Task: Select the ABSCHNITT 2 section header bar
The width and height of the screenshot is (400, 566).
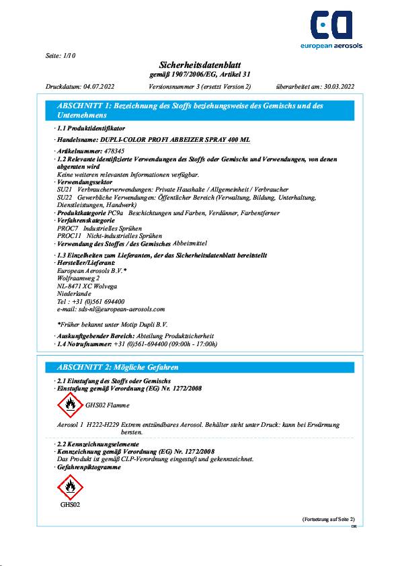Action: pyautogui.click(x=200, y=367)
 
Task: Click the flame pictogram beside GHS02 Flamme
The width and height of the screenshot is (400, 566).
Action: pyautogui.click(x=69, y=405)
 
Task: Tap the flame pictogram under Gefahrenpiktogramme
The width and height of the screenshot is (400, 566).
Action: pyautogui.click(x=70, y=486)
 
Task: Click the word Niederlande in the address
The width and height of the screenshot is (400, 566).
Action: pyautogui.click(x=74, y=294)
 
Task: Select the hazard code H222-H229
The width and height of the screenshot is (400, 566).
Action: pyautogui.click(x=103, y=425)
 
